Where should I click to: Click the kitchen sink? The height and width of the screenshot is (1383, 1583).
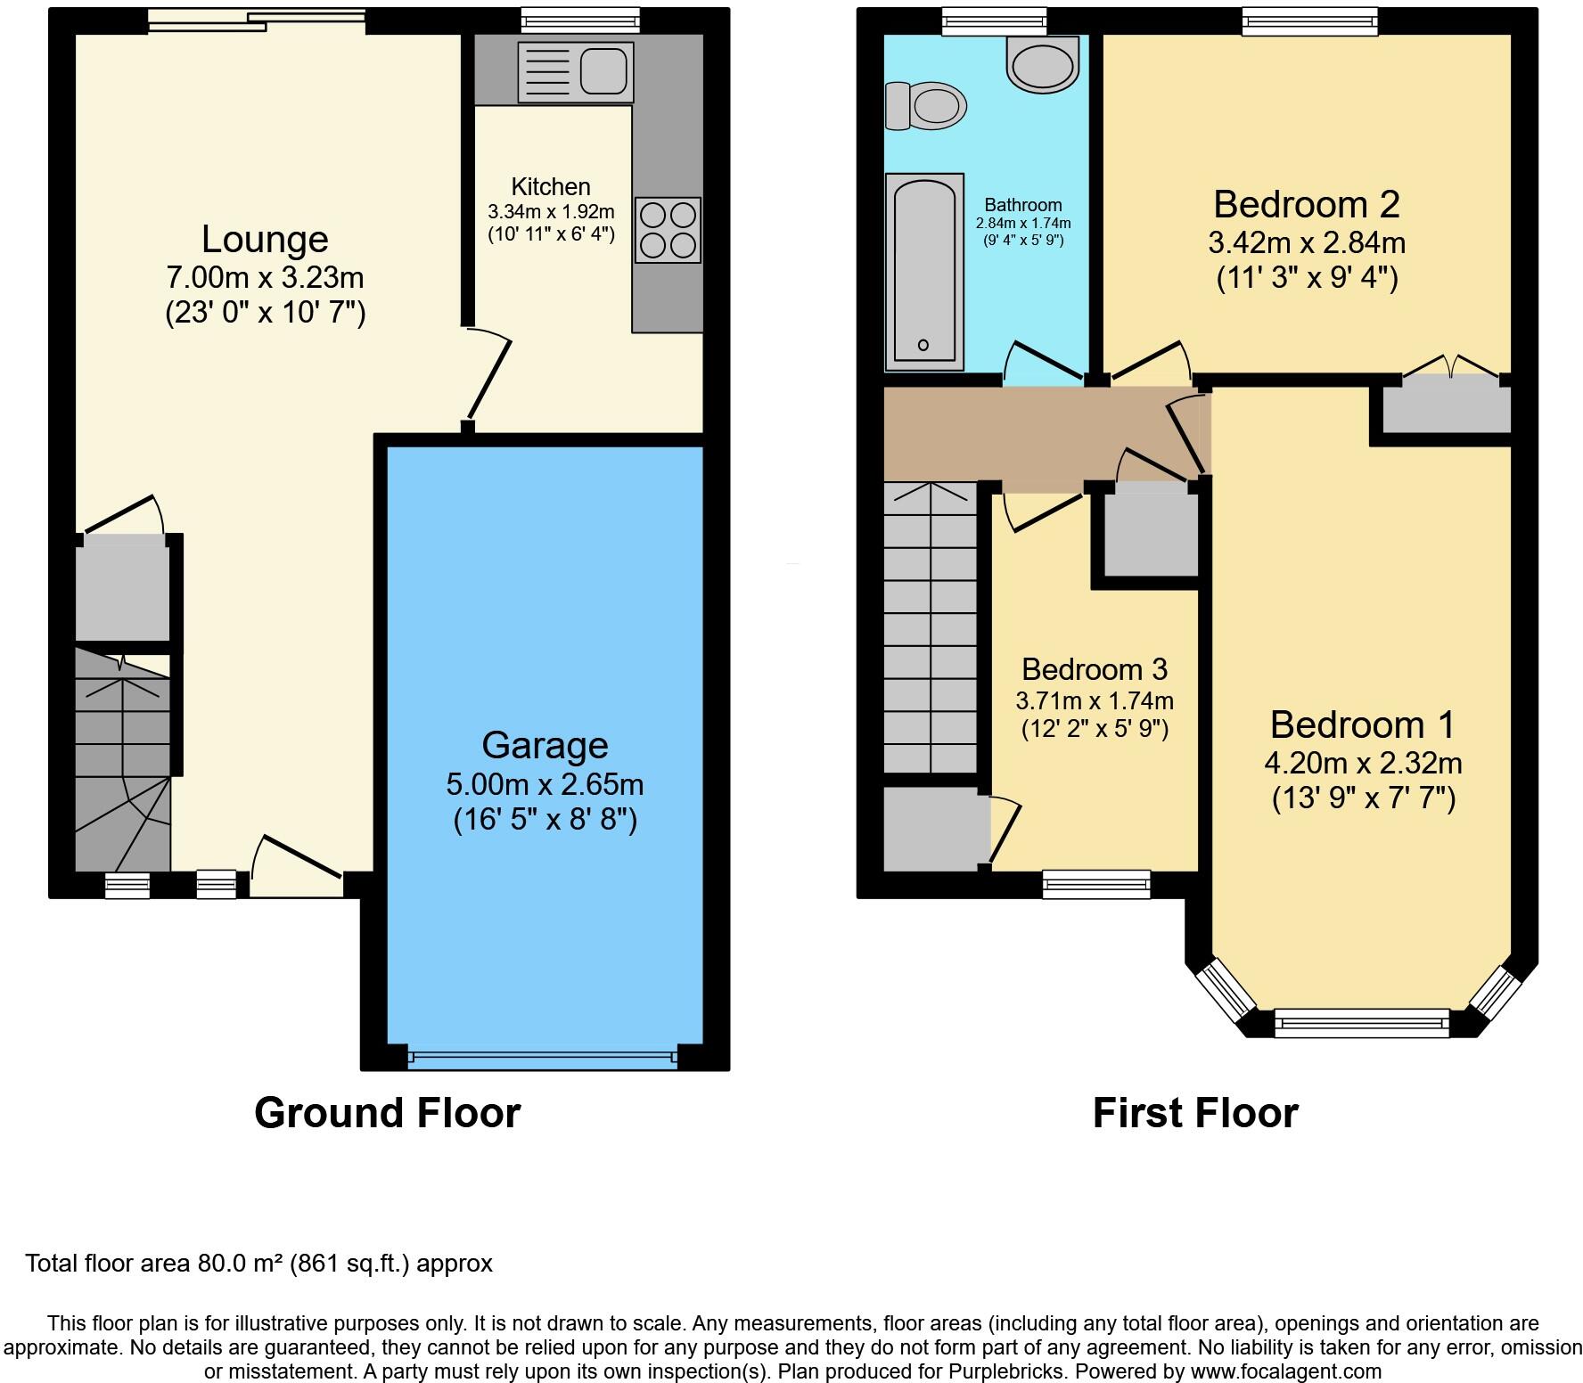click(x=576, y=71)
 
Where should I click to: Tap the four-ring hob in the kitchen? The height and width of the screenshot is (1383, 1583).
click(x=668, y=230)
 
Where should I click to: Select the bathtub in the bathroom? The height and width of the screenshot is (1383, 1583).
click(x=924, y=272)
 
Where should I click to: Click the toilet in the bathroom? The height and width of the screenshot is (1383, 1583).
click(x=926, y=106)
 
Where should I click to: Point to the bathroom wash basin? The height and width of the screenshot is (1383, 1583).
click(x=1042, y=64)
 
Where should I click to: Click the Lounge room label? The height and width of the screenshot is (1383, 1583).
click(x=265, y=240)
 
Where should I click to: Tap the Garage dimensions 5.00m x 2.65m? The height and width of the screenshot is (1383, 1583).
click(x=545, y=785)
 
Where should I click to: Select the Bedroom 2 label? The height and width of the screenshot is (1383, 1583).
click(x=1306, y=205)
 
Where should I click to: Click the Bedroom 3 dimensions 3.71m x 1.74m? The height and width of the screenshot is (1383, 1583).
click(x=1095, y=700)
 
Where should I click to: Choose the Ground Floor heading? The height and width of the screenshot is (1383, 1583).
click(x=387, y=1113)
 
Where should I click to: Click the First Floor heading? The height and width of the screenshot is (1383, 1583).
click(x=1194, y=1113)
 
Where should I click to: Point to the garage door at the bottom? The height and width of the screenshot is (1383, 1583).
click(x=542, y=1059)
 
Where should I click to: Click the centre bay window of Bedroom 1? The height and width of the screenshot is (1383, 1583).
click(x=1361, y=1022)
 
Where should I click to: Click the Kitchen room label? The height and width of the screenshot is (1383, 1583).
click(x=551, y=187)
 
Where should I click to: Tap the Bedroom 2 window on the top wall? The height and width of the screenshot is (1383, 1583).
click(x=1309, y=20)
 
